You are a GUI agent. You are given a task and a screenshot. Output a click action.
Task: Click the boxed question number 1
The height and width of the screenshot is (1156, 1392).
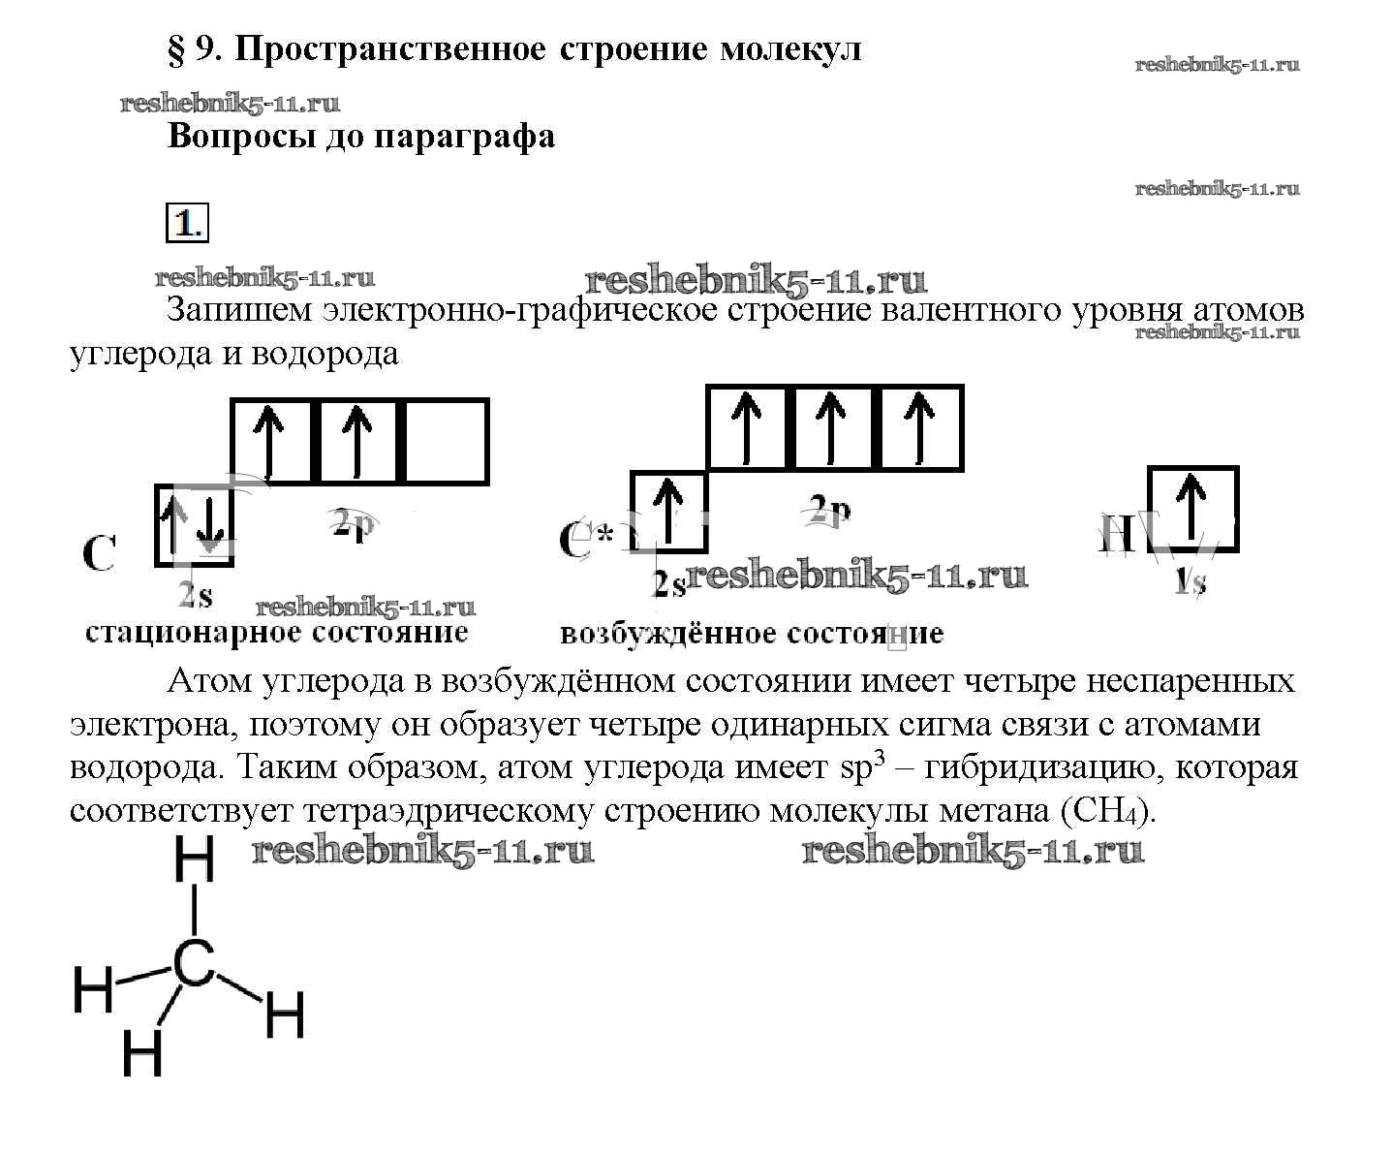[x=187, y=223]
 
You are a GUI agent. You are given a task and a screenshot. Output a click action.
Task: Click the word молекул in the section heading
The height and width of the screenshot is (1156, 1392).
[x=789, y=48]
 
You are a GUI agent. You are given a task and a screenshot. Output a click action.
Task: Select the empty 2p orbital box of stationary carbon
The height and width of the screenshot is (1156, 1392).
[x=445, y=441]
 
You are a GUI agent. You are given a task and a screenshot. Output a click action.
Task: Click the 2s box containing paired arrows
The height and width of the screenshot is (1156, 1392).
[x=195, y=524]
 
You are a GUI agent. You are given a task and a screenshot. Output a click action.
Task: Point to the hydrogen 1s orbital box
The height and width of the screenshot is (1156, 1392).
[x=1192, y=509]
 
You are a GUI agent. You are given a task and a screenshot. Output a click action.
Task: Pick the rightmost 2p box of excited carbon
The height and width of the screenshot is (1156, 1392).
[x=919, y=427]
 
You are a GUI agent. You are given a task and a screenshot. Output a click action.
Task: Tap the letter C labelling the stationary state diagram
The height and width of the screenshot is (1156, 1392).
[x=99, y=555]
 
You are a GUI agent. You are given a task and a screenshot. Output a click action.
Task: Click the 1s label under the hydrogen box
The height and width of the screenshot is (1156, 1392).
[x=1191, y=582]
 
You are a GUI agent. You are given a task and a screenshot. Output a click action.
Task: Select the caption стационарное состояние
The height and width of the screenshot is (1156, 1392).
[x=277, y=634]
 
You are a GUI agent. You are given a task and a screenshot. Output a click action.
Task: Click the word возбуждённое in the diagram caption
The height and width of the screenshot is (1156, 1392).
[x=655, y=635]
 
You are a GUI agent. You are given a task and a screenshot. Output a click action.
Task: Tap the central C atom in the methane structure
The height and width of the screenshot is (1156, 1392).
[x=194, y=964]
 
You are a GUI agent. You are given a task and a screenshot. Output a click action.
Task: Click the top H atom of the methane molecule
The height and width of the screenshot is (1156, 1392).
[x=195, y=859]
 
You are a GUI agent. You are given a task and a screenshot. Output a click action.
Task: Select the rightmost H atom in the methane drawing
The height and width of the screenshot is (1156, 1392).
[x=285, y=1015]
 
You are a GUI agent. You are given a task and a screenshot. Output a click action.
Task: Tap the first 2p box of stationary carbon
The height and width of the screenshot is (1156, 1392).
[x=272, y=441]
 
